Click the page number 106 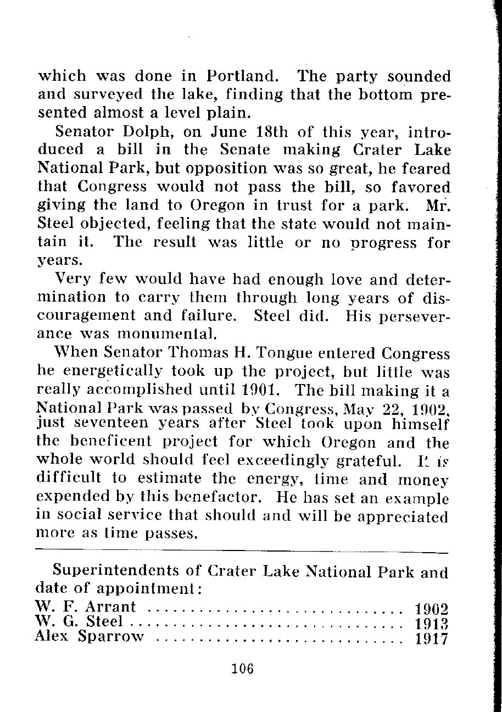click(242, 669)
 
